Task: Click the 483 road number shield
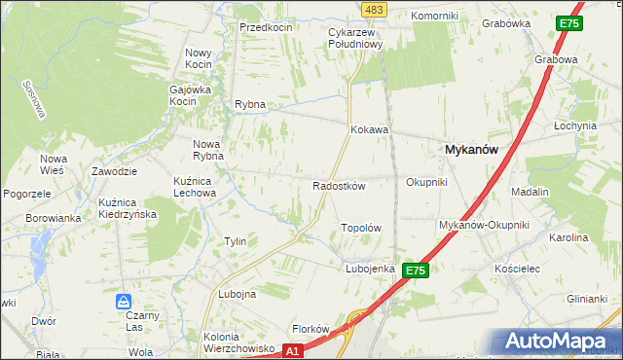(x=374, y=9)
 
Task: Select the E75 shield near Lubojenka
(x=416, y=270)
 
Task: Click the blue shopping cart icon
(x=124, y=302)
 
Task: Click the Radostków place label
(x=338, y=186)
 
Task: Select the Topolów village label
(x=359, y=228)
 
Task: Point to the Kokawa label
(x=370, y=128)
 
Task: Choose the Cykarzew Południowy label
(x=356, y=37)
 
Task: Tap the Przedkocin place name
(x=267, y=27)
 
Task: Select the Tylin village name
(x=235, y=241)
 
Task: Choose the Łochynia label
(x=574, y=126)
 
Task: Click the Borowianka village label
(x=53, y=218)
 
